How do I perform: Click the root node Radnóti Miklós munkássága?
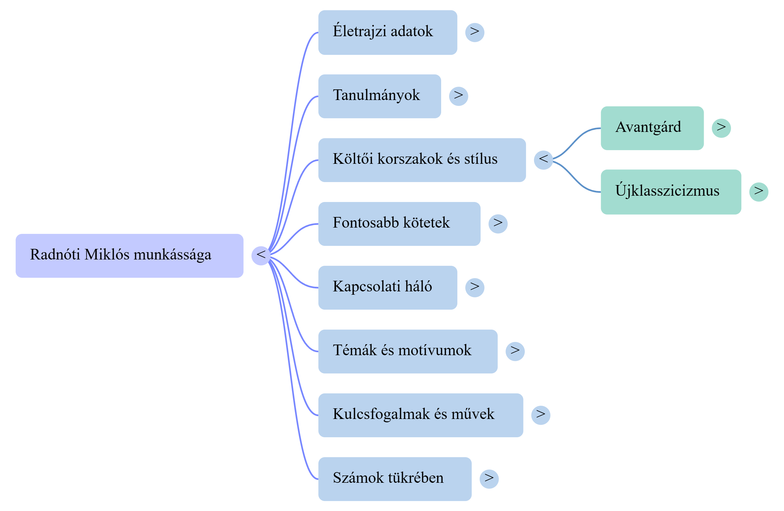click(x=129, y=255)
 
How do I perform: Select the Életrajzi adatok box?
click(x=387, y=32)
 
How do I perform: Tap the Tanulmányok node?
click(x=379, y=96)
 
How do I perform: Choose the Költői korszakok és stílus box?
click(x=422, y=160)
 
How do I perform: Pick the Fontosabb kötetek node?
click(x=399, y=224)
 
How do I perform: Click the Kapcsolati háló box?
click(x=387, y=287)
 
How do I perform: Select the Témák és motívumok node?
click(x=408, y=351)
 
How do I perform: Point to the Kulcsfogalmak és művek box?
click(x=421, y=415)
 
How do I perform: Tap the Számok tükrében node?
click(x=395, y=479)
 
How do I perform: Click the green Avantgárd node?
click(x=652, y=128)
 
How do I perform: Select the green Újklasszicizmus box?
click(x=670, y=192)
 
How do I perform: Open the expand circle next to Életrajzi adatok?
click(x=475, y=32)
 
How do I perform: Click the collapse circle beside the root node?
click(x=261, y=255)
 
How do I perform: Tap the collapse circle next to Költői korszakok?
click(x=543, y=160)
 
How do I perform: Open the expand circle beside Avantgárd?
click(x=721, y=128)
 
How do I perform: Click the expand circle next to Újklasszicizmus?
click(x=759, y=192)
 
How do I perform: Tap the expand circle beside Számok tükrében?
click(x=489, y=479)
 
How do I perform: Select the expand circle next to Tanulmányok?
click(x=458, y=96)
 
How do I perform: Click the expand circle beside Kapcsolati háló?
click(x=475, y=287)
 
